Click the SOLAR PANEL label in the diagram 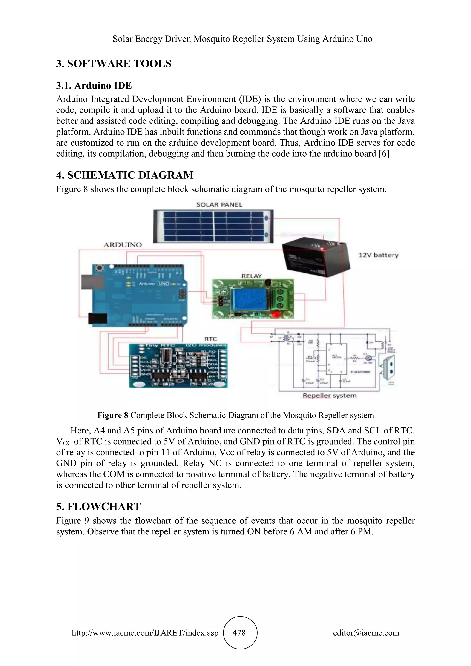[219, 205]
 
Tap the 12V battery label [379, 255]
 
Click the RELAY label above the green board [251, 276]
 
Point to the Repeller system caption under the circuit [330, 396]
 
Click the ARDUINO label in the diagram [123, 245]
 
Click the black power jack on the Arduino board [97, 319]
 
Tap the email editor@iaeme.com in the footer [366, 633]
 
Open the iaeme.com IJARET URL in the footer [145, 633]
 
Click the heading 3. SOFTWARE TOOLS [114, 63]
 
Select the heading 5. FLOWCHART [98, 506]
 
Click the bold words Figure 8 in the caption [112, 415]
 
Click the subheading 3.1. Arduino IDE [94, 86]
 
